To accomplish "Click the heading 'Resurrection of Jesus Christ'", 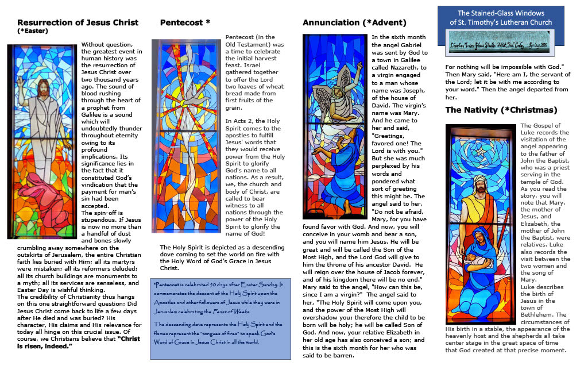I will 78,22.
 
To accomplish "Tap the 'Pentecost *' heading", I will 185,22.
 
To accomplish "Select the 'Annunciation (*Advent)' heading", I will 354,22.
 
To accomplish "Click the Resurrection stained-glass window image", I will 41,141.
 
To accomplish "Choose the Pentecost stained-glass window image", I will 185,136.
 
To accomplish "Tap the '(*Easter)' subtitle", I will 33,31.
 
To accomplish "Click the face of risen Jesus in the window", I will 43,87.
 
